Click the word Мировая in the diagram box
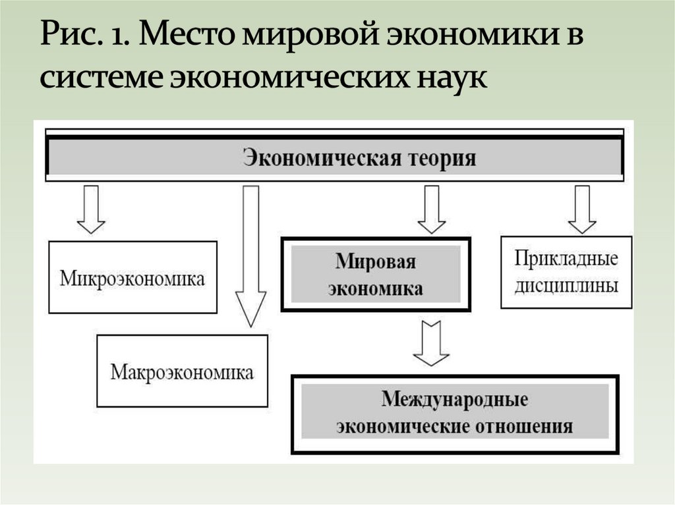(376, 261)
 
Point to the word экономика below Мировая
(376, 288)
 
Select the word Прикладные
(566, 257)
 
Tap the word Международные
(455, 400)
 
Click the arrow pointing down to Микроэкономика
(91, 209)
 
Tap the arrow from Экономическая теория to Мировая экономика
(432, 209)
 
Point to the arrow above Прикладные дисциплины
(582, 209)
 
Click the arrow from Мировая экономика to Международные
(432, 342)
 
